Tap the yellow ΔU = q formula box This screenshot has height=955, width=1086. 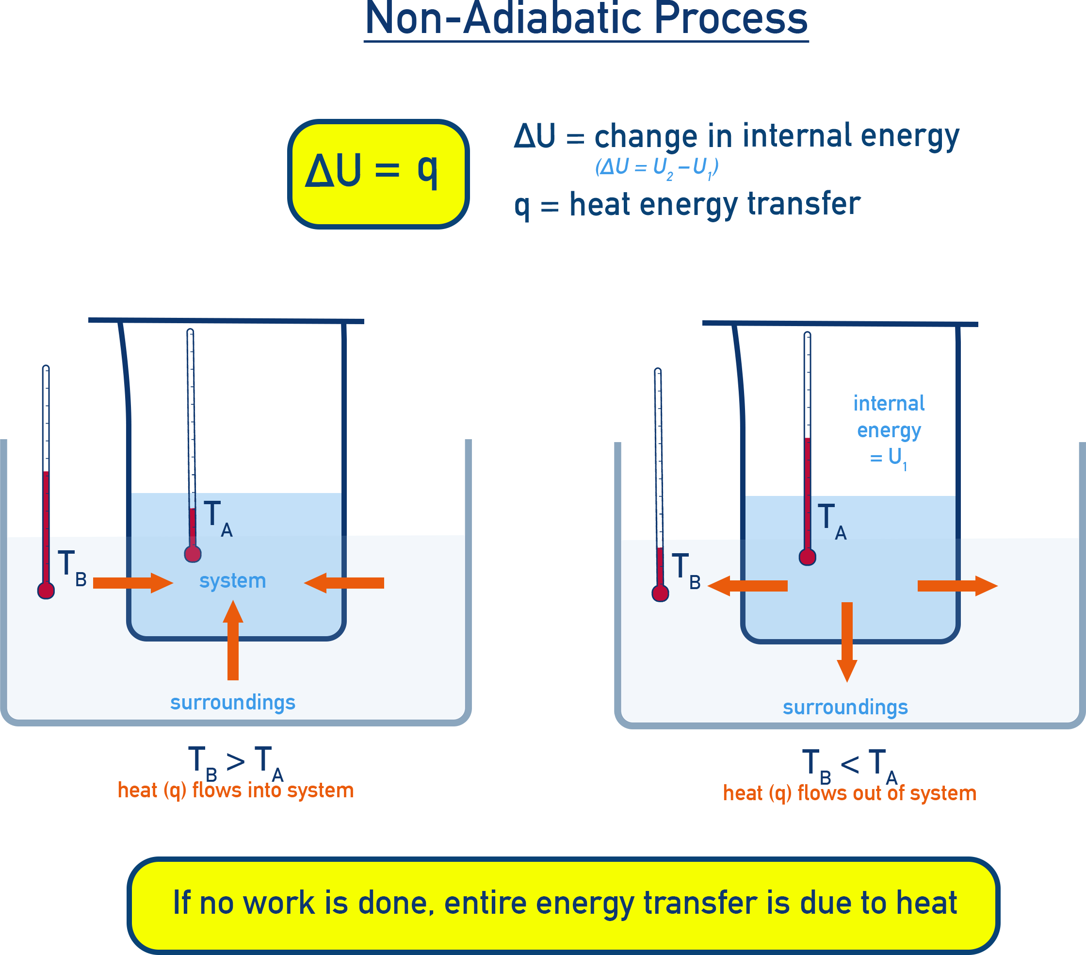coord(378,174)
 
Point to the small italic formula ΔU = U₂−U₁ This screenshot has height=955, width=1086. coord(657,168)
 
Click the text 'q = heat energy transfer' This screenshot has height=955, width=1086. coord(686,205)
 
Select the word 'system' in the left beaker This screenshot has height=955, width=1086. coord(232,581)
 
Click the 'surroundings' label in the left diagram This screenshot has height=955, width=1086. coord(233,702)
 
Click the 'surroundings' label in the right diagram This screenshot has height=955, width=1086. coord(845,708)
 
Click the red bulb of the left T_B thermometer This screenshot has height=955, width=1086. coord(46,591)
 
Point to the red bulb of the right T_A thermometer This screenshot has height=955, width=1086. coord(807,557)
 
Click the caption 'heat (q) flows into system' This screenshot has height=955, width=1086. coord(235,790)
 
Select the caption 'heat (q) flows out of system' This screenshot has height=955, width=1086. coord(849,793)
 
